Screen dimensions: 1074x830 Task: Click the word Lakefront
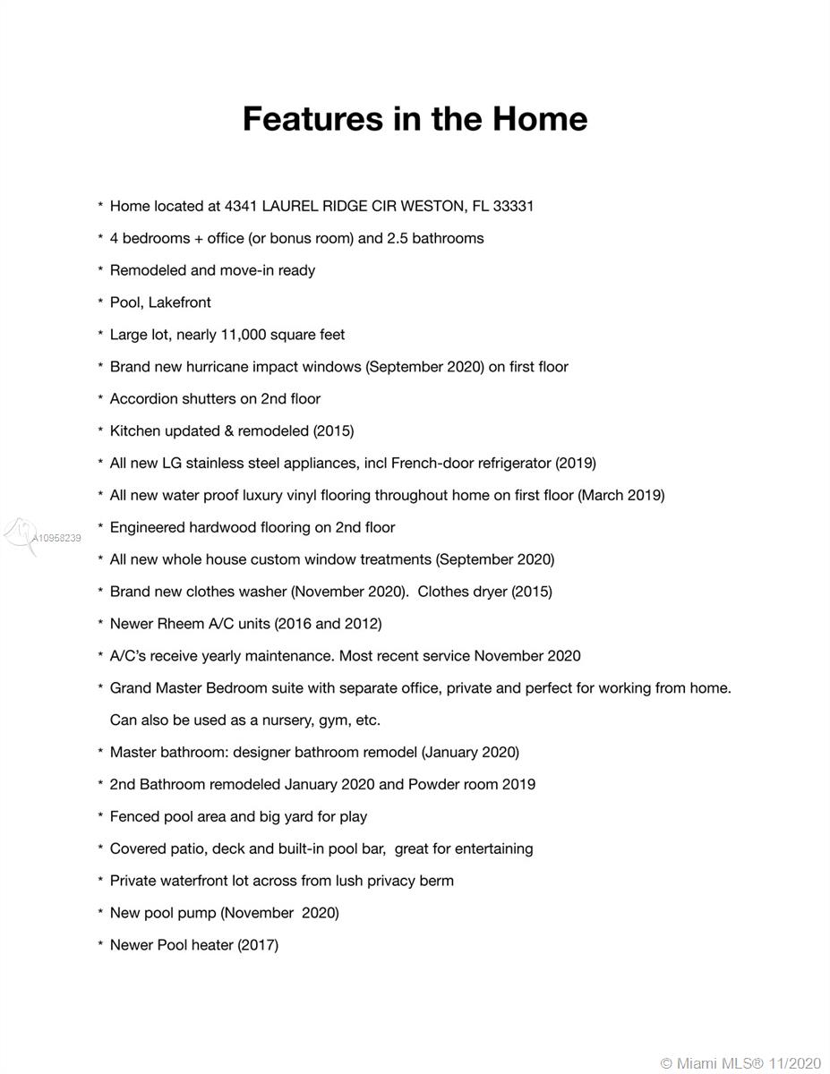tap(180, 303)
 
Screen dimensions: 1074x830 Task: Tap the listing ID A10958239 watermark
tap(56, 539)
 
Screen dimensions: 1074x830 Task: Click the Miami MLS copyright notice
tap(740, 1063)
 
